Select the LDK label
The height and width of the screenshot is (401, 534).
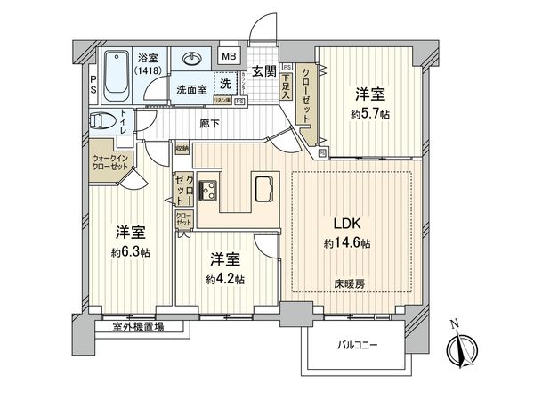tap(346, 225)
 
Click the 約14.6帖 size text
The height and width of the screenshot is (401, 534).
tap(346, 243)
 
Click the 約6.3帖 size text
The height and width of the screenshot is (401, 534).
tap(130, 252)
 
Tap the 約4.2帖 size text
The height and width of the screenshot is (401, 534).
tap(226, 278)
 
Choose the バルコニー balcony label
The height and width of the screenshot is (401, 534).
tap(358, 343)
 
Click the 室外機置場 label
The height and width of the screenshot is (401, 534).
tap(138, 327)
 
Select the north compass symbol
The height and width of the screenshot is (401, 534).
tap(461, 347)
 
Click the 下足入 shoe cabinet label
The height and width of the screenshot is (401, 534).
tap(287, 86)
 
